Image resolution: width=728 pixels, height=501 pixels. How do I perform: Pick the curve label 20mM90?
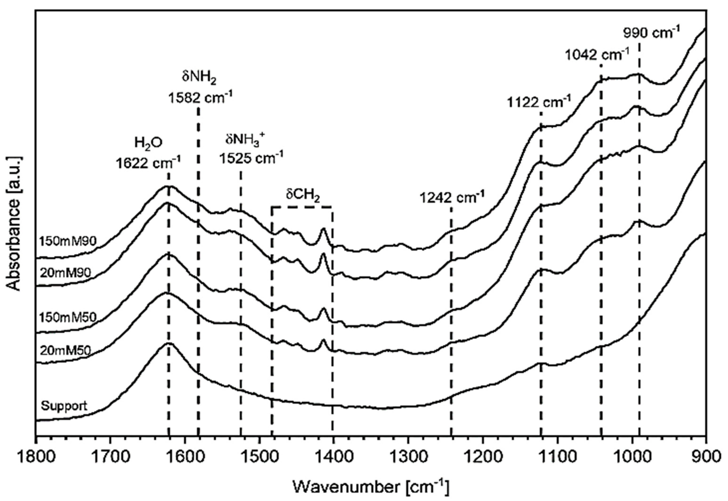click(x=65, y=273)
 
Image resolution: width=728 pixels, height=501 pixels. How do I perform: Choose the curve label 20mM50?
click(x=65, y=350)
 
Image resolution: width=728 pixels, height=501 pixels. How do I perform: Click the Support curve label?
click(x=64, y=406)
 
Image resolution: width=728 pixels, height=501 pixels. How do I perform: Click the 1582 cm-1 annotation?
click(x=200, y=98)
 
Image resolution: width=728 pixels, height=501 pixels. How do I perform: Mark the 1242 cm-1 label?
click(x=452, y=198)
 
